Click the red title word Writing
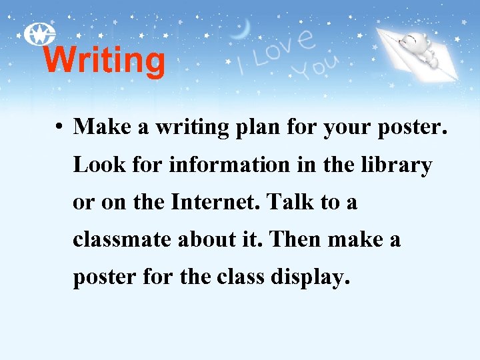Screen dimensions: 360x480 pos(104,61)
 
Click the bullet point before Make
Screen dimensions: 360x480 pos(60,127)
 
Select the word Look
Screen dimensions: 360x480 pos(94,165)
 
